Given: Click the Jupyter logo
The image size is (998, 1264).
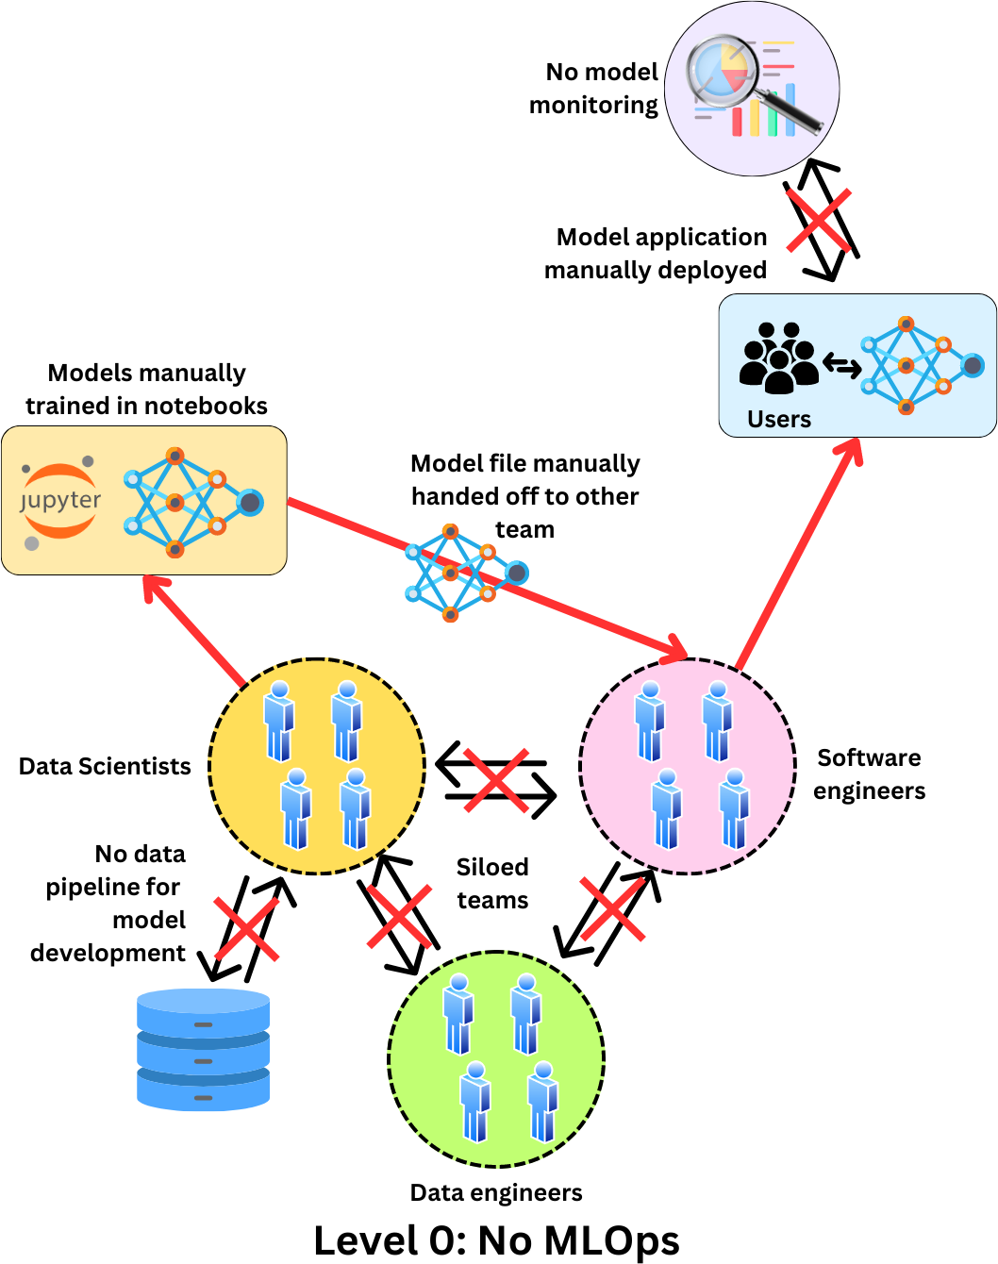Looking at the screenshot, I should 60,501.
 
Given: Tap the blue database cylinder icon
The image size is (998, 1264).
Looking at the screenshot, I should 203,1049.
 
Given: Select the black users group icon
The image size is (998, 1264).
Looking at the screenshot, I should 778,358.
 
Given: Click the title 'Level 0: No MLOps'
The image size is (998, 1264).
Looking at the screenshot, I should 496,1240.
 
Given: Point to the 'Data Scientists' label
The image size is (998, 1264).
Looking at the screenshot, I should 105,766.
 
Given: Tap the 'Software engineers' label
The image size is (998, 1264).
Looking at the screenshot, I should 869,774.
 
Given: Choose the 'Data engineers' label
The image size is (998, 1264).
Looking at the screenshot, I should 496,1192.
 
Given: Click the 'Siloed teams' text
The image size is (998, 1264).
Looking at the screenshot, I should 492,883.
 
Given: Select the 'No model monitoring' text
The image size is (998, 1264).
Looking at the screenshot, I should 594,89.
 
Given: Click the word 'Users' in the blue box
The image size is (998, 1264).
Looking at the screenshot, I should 779,419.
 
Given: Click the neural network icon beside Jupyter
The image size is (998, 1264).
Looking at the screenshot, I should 192,502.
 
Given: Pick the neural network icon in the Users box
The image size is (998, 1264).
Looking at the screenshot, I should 921,366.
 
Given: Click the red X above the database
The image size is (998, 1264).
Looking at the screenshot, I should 247,928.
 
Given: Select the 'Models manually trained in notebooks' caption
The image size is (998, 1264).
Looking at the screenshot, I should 146,389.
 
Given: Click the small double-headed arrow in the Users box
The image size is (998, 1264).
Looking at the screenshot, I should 841,364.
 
